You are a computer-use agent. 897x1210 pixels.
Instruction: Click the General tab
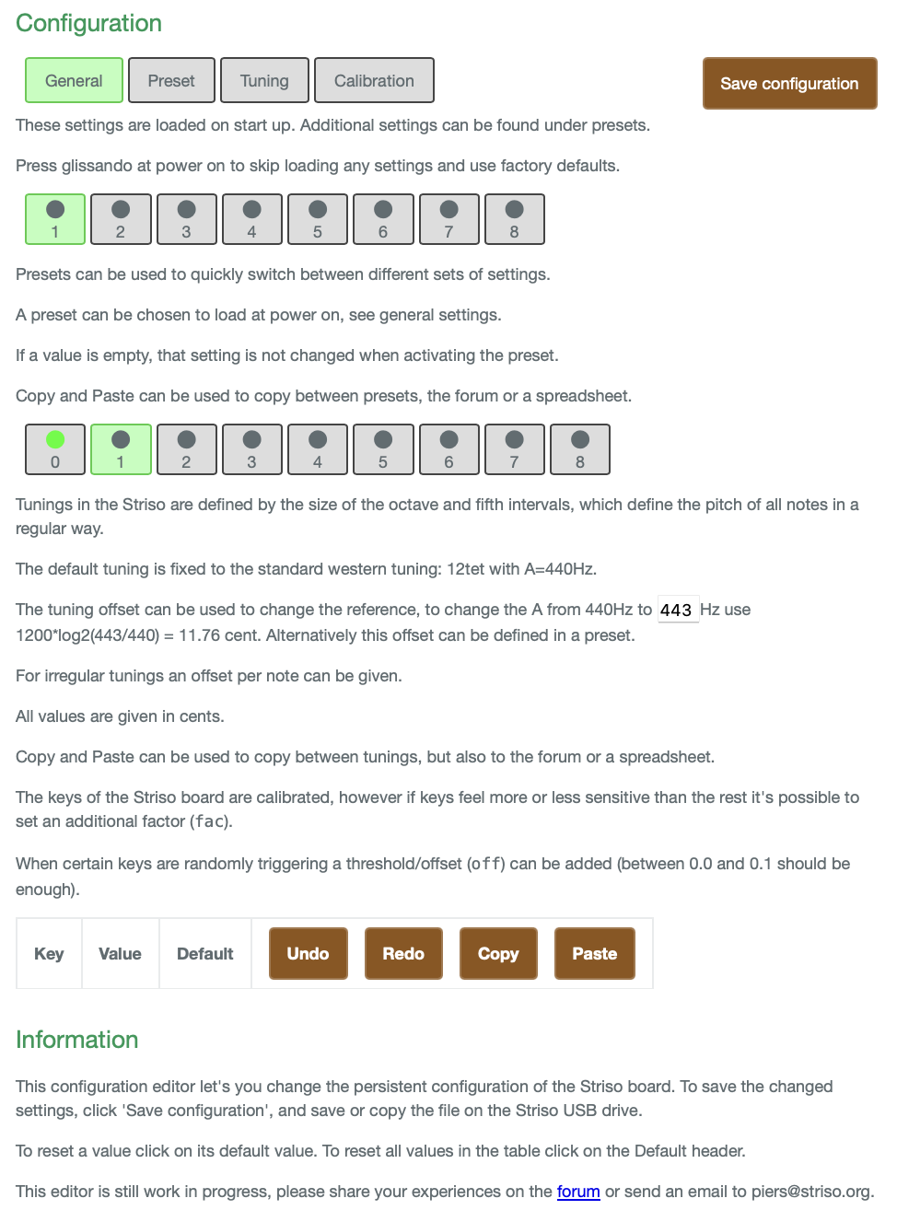tap(74, 81)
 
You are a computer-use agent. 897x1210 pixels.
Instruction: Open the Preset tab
tap(171, 81)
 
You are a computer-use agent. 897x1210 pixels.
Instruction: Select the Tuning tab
tap(264, 81)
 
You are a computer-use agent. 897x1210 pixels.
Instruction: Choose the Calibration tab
tap(374, 81)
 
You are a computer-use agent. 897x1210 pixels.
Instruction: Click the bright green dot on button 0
tap(55, 439)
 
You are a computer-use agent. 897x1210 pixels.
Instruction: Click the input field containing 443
tap(677, 610)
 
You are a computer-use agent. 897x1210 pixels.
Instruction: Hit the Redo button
tap(403, 954)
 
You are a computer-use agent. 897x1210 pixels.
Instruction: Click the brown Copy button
tap(498, 954)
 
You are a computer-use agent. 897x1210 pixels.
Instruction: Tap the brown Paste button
tap(594, 954)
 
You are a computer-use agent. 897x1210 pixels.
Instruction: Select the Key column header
tap(49, 954)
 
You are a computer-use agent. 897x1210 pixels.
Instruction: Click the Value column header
tap(120, 954)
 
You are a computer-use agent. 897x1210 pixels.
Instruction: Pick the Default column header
tap(204, 954)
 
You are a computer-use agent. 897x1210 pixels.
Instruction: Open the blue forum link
tap(578, 1192)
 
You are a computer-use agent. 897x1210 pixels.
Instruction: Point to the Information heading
tap(77, 1040)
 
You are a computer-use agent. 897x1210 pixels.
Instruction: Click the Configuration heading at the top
tap(89, 23)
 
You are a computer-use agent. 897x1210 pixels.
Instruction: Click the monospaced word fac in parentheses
tap(210, 821)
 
